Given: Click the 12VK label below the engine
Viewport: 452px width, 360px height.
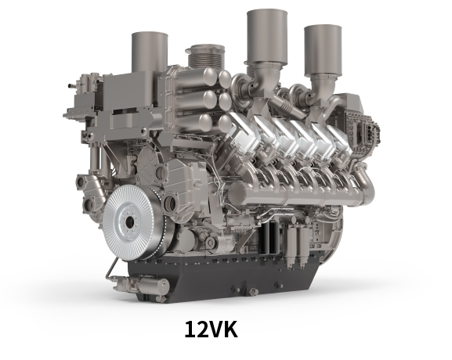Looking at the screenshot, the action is click(211, 329).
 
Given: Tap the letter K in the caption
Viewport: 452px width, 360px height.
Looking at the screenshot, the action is click(230, 329).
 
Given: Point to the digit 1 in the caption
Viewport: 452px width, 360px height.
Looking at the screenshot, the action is click(190, 329).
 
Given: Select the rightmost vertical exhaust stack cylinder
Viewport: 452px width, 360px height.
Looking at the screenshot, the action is click(323, 49).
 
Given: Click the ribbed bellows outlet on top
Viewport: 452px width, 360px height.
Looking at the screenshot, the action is click(205, 56).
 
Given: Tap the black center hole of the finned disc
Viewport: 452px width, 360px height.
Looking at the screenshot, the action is click(130, 221).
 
